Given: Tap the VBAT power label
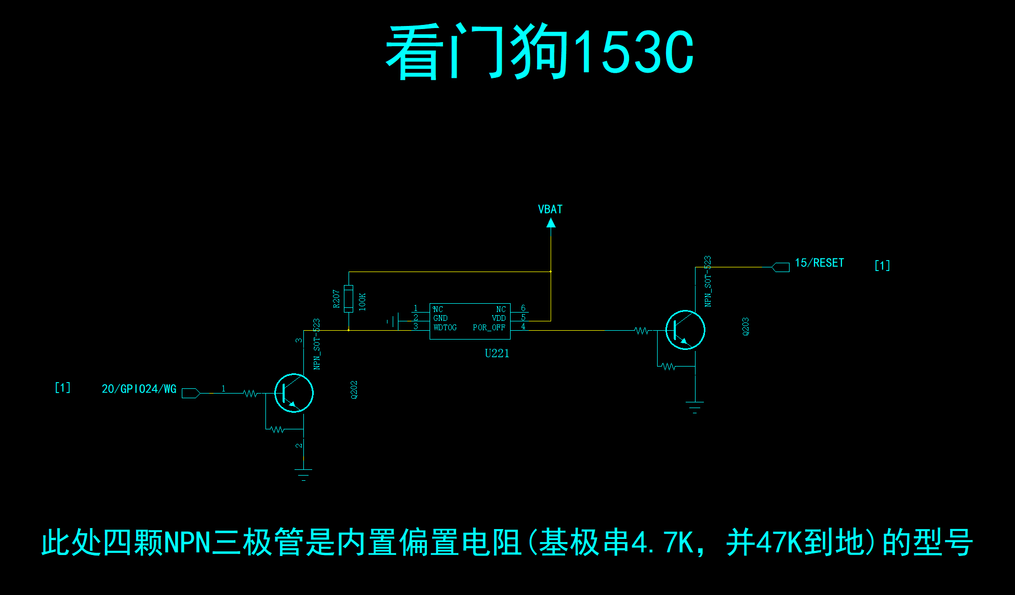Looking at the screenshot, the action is click(x=550, y=209).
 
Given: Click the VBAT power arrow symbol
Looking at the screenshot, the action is click(x=551, y=223).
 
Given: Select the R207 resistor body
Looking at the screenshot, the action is click(x=349, y=298).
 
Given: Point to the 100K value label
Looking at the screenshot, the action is click(x=362, y=302).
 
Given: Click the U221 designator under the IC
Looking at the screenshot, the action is click(x=497, y=354).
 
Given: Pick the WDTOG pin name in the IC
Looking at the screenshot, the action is click(x=445, y=328).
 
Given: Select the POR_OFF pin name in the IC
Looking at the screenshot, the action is click(x=489, y=328).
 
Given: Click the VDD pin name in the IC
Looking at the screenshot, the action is click(x=499, y=318).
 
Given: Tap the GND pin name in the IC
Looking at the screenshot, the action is click(x=440, y=318).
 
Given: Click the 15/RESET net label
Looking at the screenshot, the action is click(x=819, y=263).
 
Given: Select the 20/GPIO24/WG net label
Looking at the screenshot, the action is click(x=139, y=389).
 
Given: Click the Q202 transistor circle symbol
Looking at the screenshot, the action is click(x=294, y=393).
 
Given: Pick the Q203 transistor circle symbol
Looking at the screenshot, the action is click(x=685, y=330).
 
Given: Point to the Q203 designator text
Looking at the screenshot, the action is click(x=746, y=327).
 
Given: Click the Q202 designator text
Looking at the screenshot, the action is click(x=354, y=390).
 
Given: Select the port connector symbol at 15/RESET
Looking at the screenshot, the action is click(x=780, y=267).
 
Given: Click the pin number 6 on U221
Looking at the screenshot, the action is click(x=523, y=308).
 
